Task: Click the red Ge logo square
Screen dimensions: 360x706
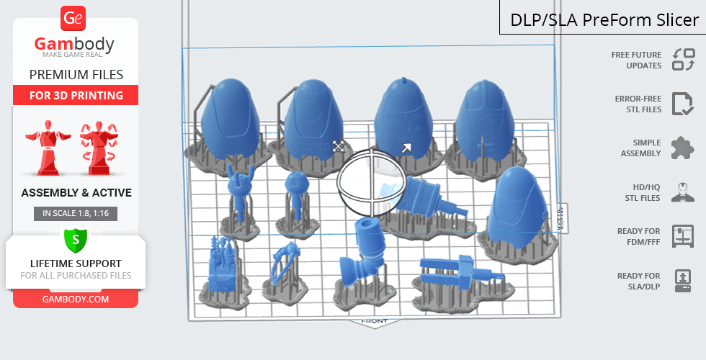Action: point(75,19)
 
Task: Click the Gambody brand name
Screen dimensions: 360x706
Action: point(75,44)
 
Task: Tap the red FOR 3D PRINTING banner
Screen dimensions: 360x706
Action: point(76,95)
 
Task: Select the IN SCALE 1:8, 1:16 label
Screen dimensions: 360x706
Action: point(76,213)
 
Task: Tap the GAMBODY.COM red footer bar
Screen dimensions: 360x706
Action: point(76,299)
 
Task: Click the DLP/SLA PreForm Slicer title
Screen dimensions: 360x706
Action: point(604,19)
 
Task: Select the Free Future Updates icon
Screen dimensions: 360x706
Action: point(683,60)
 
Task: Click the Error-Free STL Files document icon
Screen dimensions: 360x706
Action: point(682,104)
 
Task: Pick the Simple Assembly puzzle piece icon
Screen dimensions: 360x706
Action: point(682,148)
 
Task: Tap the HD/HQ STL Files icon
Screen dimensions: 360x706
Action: point(682,192)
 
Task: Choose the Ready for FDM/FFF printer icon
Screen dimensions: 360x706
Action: point(682,236)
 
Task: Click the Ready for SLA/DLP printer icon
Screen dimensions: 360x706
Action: point(682,280)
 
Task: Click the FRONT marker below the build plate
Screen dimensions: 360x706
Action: point(375,321)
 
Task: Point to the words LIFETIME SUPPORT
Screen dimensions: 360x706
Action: point(76,264)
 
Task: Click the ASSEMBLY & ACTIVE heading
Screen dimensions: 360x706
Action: point(76,193)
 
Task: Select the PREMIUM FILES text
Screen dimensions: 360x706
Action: point(76,74)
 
